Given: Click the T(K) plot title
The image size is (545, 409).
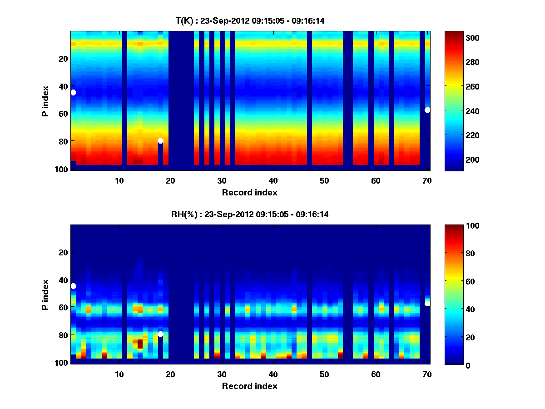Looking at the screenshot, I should tap(250, 20).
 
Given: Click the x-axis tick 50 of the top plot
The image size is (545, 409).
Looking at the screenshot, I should tap(324, 180).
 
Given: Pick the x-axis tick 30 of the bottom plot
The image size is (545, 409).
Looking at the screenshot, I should tap(222, 374).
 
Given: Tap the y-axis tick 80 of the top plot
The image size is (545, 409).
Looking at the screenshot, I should tap(63, 141).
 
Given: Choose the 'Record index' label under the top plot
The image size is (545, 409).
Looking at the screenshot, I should tap(250, 192).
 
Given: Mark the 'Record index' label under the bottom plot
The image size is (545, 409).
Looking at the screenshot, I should tap(250, 386).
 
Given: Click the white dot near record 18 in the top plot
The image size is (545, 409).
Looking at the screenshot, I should tap(160, 140).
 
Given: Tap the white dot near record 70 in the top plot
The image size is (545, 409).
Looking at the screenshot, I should tap(427, 110).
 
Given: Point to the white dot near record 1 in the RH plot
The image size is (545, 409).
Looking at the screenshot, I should tap(73, 286).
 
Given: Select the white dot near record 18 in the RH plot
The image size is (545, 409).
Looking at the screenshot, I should tap(160, 334).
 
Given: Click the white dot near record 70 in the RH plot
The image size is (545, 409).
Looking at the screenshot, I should tap(427, 304).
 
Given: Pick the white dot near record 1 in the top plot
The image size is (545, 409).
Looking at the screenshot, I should tap(73, 92).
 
